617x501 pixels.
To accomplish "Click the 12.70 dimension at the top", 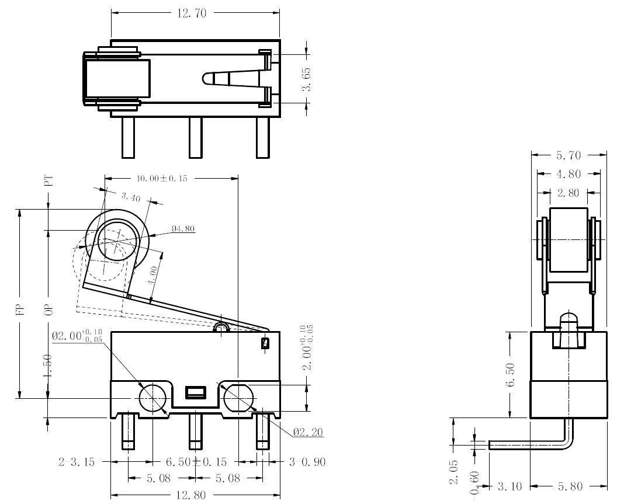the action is [x=192, y=13].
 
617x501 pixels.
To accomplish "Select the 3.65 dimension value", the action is [x=306, y=79].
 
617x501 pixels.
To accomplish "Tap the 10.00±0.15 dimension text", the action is [x=162, y=178].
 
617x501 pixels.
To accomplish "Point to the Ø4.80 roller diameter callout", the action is [x=183, y=228].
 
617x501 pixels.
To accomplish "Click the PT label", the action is [x=48, y=181].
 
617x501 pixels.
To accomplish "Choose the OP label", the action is [x=48, y=310].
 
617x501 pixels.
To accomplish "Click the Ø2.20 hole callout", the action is [x=308, y=432].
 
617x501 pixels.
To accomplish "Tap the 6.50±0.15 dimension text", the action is [x=196, y=461].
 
